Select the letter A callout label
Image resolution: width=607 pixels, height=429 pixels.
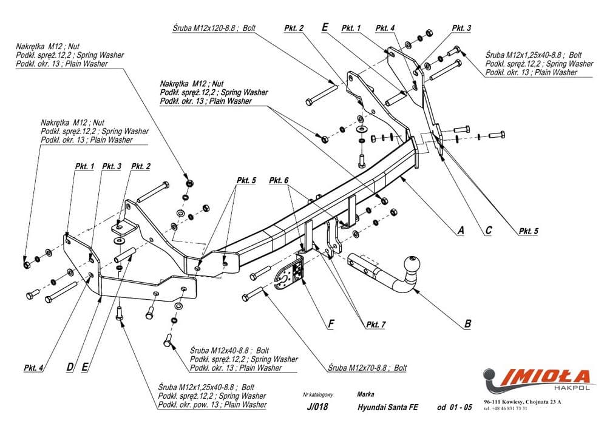click(x=461, y=231)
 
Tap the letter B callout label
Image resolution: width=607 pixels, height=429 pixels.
click(x=467, y=324)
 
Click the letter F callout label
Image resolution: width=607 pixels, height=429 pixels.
click(x=330, y=324)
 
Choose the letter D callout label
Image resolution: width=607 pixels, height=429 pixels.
click(x=70, y=367)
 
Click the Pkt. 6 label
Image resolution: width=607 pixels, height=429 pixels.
click(x=279, y=180)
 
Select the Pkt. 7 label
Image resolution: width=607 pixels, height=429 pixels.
click(x=375, y=325)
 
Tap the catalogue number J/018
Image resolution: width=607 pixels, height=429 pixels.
click(x=317, y=407)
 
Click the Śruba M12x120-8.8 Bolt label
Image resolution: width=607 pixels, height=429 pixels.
click(x=207, y=27)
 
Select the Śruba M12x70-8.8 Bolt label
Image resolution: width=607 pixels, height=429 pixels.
click(x=367, y=368)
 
